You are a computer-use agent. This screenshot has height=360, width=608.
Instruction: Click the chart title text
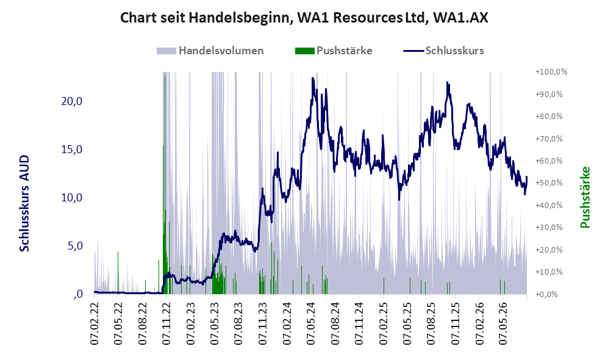(304, 18)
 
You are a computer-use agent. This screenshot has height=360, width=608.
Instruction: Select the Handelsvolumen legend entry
(210, 51)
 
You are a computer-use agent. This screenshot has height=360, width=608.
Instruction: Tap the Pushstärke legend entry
(334, 51)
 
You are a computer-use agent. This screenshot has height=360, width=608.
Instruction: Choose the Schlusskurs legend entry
(443, 51)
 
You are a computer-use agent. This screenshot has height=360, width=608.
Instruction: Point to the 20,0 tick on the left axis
(72, 101)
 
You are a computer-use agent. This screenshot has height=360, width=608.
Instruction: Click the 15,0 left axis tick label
(72, 149)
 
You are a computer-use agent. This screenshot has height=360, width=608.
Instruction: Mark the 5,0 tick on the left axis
(75, 245)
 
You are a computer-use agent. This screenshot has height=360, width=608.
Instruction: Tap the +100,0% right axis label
(551, 72)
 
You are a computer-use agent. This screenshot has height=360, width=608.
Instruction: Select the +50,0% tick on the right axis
(549, 182)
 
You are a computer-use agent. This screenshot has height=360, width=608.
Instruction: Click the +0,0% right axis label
(547, 294)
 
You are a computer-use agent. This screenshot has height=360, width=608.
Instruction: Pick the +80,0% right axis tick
(549, 117)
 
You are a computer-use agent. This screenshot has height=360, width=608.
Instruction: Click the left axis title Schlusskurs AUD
(24, 203)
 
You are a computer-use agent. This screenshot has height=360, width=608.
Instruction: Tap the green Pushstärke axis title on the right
(585, 198)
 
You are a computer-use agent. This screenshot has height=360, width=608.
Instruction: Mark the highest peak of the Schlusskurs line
(312, 78)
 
